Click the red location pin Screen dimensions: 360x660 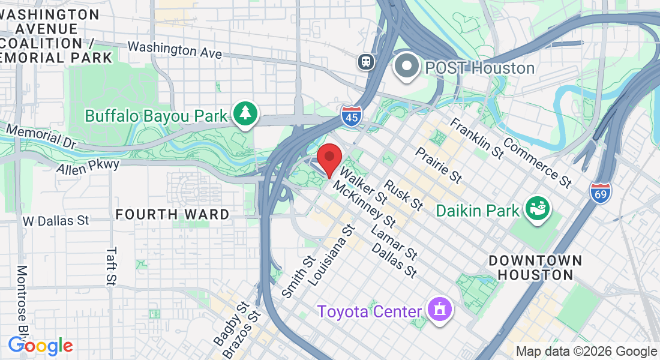pyautogui.click(x=329, y=159)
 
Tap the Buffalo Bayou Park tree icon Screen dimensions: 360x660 pyautogui.click(x=245, y=113)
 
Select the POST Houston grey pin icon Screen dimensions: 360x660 pyautogui.click(x=407, y=67)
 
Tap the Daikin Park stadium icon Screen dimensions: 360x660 pyautogui.click(x=538, y=208)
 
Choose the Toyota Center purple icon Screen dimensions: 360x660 pyautogui.click(x=440, y=309)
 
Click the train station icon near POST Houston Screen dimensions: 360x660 pyautogui.click(x=365, y=61)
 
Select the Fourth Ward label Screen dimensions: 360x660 pyautogui.click(x=172, y=214)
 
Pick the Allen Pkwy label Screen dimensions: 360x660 pyautogui.click(x=88, y=166)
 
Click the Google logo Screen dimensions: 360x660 pyautogui.click(x=40, y=346)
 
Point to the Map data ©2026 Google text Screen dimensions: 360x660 pyautogui.click(x=586, y=352)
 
